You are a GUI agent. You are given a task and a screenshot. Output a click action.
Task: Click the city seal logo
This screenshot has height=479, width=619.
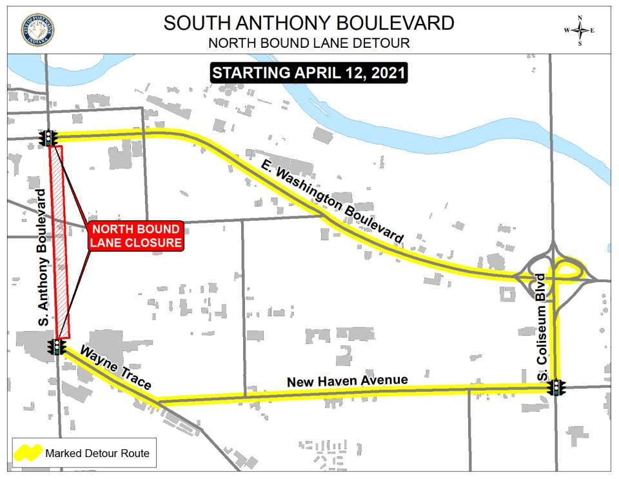[37, 29]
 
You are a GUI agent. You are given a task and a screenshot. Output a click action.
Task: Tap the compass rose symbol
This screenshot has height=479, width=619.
[579, 30]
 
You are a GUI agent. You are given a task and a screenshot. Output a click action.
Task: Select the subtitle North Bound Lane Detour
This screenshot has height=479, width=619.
[309, 44]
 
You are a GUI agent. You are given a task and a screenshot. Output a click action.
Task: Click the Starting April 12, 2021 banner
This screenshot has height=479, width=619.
[309, 72]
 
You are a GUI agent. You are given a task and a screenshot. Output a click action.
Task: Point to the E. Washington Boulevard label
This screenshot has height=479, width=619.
[333, 201]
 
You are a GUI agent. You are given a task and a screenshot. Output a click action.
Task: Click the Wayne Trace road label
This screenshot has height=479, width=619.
[117, 370]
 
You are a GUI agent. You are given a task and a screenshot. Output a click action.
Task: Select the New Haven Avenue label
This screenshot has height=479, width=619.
[347, 381]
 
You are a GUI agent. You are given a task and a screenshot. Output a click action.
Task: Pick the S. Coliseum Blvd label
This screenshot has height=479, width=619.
[542, 327]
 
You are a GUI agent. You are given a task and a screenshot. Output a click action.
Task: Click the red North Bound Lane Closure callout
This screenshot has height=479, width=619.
[135, 236]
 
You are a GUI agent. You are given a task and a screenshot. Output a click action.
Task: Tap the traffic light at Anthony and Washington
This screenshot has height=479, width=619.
[48, 138]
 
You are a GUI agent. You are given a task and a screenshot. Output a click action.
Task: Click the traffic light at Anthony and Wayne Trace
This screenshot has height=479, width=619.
[57, 347]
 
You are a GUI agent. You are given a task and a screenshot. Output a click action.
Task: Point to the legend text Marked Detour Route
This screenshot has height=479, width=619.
[97, 453]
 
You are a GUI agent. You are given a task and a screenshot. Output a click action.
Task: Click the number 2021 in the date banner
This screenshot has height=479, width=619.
[387, 72]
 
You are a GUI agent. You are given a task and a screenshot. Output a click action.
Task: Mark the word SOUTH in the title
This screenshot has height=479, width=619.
[193, 23]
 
